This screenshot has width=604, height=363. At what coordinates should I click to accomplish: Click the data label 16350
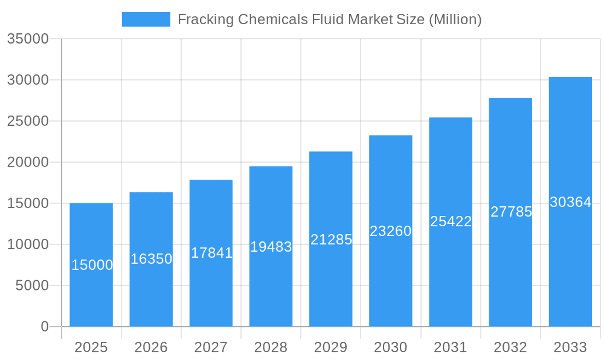(x=152, y=259)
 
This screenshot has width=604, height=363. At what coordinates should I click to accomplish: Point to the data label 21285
(x=331, y=240)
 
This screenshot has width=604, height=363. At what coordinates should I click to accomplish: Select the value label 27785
(x=511, y=212)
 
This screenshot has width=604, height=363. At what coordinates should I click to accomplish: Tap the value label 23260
(x=391, y=231)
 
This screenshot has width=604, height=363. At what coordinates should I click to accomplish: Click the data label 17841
(x=211, y=253)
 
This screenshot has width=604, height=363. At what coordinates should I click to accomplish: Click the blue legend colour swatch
(x=146, y=19)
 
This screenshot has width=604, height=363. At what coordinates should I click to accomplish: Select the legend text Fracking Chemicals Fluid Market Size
(x=329, y=19)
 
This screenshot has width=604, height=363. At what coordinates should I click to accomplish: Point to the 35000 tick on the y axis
(x=28, y=39)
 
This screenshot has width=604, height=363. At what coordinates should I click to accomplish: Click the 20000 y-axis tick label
(x=28, y=162)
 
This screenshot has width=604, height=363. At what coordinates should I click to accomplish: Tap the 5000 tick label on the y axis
(x=32, y=286)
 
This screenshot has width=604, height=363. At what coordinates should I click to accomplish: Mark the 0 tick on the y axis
(x=45, y=327)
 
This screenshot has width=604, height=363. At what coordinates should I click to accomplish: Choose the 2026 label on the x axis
(x=151, y=347)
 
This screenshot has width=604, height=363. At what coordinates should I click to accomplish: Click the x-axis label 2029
(x=331, y=347)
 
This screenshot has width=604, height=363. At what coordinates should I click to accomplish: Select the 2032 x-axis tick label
(x=510, y=347)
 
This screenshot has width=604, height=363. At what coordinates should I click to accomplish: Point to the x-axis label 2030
(x=391, y=347)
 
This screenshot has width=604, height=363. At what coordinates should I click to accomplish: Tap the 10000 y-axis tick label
(x=28, y=244)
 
